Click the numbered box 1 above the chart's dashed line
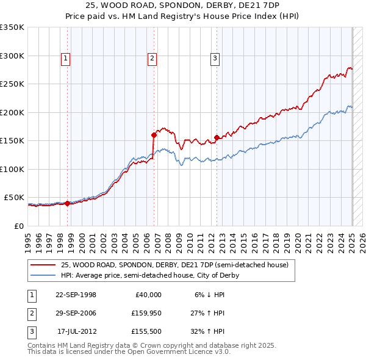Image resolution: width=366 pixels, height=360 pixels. pyautogui.click(x=65, y=59)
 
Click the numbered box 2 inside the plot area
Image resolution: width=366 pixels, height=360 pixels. pyautogui.click(x=152, y=59)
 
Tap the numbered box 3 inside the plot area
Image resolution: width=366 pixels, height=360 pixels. pyautogui.click(x=215, y=59)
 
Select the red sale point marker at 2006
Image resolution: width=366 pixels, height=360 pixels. pyautogui.click(x=154, y=135)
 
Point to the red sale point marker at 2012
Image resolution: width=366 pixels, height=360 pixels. pyautogui.click(x=217, y=137)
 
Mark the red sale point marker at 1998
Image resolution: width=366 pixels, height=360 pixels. pyautogui.click(x=67, y=203)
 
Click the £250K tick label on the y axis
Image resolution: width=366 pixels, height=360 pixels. pyautogui.click(x=12, y=84)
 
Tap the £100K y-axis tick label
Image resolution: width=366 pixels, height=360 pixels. pyautogui.click(x=12, y=169)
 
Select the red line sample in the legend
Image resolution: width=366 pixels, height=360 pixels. pyautogui.click(x=43, y=265)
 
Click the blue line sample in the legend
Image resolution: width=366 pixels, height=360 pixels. pyautogui.click(x=43, y=275)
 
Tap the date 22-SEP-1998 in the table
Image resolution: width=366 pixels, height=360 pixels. pyautogui.click(x=76, y=295)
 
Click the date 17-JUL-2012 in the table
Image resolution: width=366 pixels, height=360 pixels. pyautogui.click(x=76, y=331)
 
